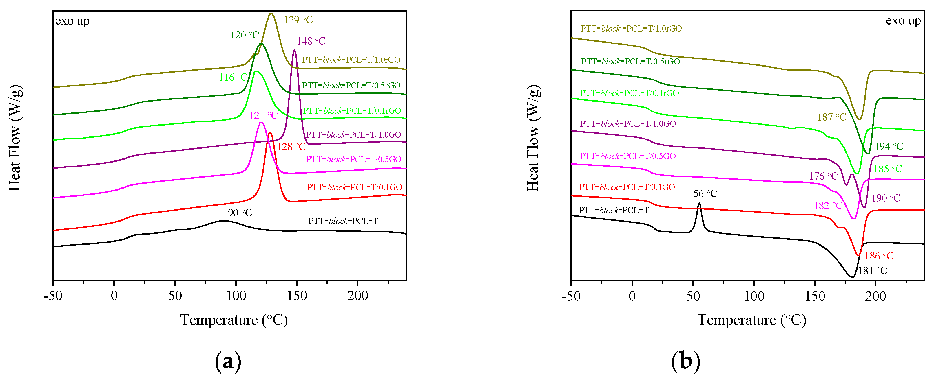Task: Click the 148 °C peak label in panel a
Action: click(x=311, y=41)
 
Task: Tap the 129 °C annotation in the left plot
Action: click(x=298, y=20)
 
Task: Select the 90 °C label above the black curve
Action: click(x=240, y=213)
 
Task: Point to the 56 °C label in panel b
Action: click(x=705, y=193)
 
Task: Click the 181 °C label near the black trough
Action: click(x=872, y=270)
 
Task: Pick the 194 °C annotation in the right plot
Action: click(x=889, y=146)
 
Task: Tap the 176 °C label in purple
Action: click(x=823, y=176)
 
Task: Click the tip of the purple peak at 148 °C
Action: click(x=294, y=50)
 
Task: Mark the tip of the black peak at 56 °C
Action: click(x=699, y=203)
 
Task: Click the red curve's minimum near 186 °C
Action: click(x=858, y=255)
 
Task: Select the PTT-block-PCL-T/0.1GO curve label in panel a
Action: click(x=354, y=187)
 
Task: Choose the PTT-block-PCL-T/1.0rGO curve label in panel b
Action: click(x=631, y=28)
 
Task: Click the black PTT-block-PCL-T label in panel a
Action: click(x=343, y=221)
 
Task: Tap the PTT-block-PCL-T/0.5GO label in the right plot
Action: click(x=627, y=156)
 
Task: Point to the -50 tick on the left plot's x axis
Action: click(x=53, y=296)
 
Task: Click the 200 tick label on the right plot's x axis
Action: click(x=875, y=296)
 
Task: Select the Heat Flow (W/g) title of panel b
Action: click(x=533, y=138)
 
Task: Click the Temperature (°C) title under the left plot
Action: click(x=234, y=320)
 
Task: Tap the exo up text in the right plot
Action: click(x=903, y=21)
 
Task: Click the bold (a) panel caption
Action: click(x=228, y=361)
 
